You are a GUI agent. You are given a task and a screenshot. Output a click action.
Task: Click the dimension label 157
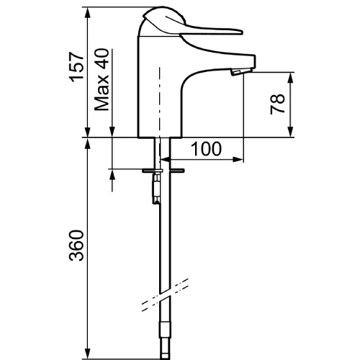[x=76, y=67]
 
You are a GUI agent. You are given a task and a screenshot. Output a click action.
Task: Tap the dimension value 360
[x=76, y=246]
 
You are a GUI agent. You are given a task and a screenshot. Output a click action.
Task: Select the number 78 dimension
[x=277, y=104]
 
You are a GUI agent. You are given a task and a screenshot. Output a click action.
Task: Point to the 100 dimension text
[x=206, y=149]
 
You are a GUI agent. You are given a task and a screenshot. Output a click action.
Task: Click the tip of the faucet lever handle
[x=242, y=32]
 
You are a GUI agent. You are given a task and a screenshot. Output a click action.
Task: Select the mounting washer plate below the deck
[x=163, y=171]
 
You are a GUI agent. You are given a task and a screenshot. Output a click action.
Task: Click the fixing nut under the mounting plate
[x=156, y=189]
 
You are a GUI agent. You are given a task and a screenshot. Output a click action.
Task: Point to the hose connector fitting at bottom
[x=165, y=341]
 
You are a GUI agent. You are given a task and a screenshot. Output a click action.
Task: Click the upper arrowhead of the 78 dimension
[x=291, y=77]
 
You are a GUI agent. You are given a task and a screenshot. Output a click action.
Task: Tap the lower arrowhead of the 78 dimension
[x=291, y=132]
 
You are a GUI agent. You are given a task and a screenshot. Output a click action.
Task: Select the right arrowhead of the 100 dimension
[x=238, y=159]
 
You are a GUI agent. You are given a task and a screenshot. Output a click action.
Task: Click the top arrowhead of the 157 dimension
[x=88, y=12]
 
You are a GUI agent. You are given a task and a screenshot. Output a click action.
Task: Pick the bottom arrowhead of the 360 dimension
[x=88, y=354]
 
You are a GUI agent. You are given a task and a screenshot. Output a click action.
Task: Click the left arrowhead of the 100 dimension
[x=165, y=159]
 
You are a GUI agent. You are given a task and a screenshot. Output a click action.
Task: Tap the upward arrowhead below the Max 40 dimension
[x=112, y=175]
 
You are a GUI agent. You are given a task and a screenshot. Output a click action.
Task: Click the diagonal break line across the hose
[x=165, y=295]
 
